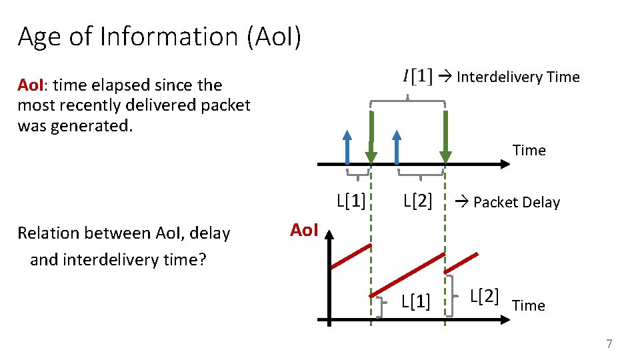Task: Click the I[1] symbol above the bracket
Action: tap(417, 77)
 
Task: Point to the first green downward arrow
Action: tap(371, 137)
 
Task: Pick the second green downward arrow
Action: tap(445, 137)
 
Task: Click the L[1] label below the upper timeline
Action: tap(351, 200)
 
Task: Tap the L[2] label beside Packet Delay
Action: tap(418, 201)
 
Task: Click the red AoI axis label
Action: tap(305, 231)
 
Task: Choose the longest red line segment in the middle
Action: tap(407, 275)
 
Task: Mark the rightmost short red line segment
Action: tap(467, 263)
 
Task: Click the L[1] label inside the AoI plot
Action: tap(415, 302)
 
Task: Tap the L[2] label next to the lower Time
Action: tap(484, 296)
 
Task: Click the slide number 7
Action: tap(608, 344)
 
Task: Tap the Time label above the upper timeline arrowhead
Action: tap(529, 151)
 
